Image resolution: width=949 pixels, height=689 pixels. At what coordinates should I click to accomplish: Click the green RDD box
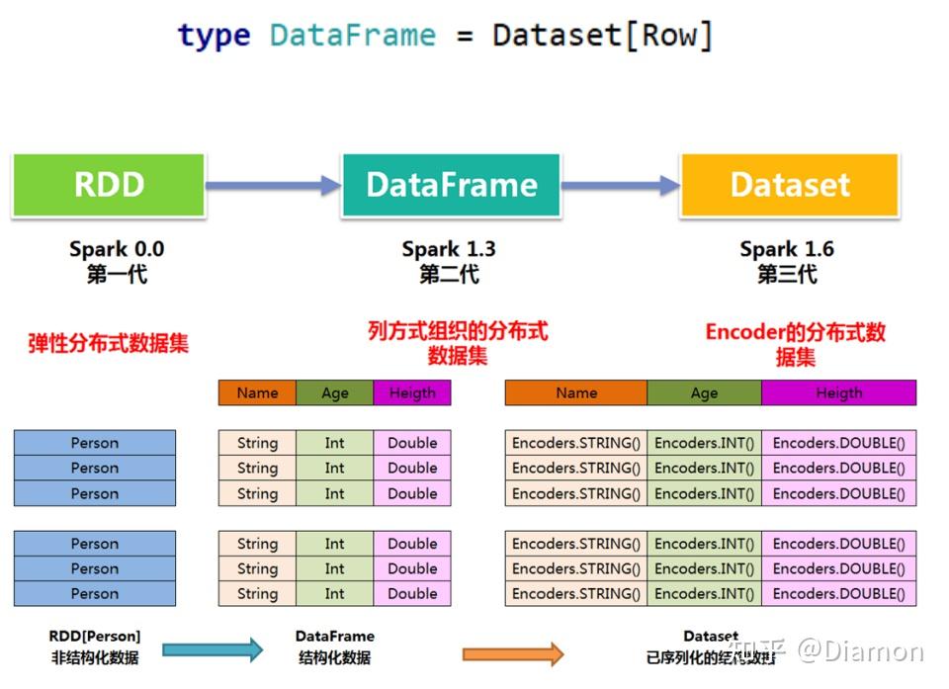109,185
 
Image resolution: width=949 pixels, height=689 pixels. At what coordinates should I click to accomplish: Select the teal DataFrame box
451,185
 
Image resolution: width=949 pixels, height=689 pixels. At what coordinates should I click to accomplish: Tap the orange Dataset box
790,185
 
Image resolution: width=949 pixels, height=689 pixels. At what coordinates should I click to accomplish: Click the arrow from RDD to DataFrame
273,185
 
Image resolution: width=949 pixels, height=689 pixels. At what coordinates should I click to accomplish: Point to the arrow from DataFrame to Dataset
620,185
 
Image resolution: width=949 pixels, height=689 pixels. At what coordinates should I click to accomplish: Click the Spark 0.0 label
117,249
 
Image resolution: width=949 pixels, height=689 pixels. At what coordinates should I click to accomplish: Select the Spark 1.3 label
450,249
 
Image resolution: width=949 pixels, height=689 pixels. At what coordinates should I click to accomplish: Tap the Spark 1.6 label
787,249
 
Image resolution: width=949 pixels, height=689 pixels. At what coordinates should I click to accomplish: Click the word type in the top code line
214,36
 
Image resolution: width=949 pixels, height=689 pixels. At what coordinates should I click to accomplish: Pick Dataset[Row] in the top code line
602,36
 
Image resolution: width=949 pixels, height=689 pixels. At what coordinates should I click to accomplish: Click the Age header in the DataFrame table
335,392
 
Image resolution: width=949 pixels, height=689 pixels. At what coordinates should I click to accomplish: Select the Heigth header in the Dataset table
838,392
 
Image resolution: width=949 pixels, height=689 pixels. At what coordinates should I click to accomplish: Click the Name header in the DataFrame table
257,392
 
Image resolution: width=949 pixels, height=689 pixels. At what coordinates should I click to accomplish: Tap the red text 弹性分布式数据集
108,343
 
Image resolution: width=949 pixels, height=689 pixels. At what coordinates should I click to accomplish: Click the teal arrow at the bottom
213,649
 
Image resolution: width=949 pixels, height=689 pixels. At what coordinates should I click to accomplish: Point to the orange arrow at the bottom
513,653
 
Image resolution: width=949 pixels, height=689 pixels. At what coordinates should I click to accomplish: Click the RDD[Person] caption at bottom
95,636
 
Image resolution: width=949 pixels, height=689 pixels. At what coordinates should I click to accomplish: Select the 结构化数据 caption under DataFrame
334,657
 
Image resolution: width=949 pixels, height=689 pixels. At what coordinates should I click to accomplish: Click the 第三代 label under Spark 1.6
787,274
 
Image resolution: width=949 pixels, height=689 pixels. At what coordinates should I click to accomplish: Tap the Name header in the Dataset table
576,392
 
